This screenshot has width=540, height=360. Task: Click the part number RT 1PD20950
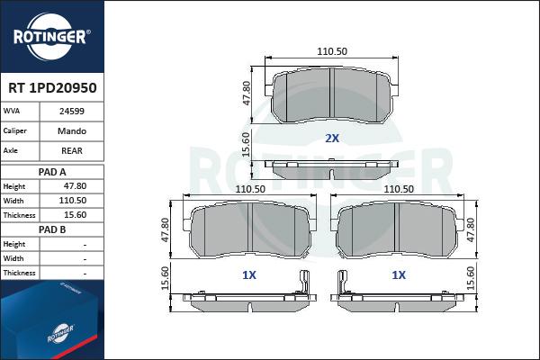(x=52, y=88)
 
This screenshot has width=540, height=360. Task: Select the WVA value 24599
(x=72, y=112)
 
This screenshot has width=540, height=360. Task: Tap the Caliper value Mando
(x=72, y=130)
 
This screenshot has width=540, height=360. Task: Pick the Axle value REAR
(x=72, y=150)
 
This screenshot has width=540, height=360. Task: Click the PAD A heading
(x=52, y=172)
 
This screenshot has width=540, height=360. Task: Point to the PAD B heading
(x=52, y=229)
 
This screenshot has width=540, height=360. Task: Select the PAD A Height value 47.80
(x=75, y=186)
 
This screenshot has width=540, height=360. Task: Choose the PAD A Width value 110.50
(x=72, y=201)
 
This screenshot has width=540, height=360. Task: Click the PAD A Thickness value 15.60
(x=75, y=215)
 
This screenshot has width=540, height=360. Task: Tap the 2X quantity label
(x=332, y=138)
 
